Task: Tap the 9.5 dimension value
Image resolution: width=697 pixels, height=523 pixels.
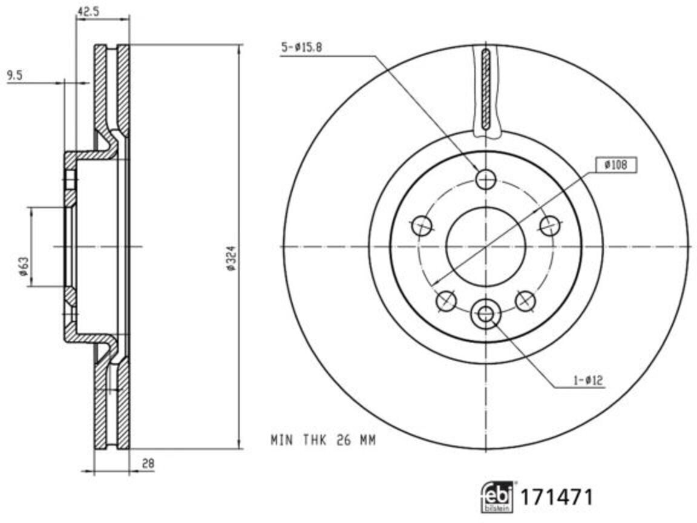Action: pos(15,75)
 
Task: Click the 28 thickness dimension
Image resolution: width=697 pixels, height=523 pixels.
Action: pos(148,464)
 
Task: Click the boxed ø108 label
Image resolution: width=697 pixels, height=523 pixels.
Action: pos(615,164)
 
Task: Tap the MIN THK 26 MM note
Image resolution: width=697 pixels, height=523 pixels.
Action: pos(322,441)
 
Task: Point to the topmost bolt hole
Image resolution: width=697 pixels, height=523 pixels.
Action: pos(486,179)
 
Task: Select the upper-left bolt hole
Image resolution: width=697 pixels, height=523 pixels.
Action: pos(422,226)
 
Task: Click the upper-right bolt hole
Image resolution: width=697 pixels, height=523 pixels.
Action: pos(549,226)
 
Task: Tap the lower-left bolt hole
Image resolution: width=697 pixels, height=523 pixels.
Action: pos(447,300)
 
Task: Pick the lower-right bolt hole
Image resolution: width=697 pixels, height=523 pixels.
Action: pos(525,300)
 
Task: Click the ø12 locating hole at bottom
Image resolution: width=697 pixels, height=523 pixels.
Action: pos(486,314)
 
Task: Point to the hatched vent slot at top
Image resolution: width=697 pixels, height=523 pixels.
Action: pos(486,89)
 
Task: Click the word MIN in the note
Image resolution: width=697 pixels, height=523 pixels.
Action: pos(280,441)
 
